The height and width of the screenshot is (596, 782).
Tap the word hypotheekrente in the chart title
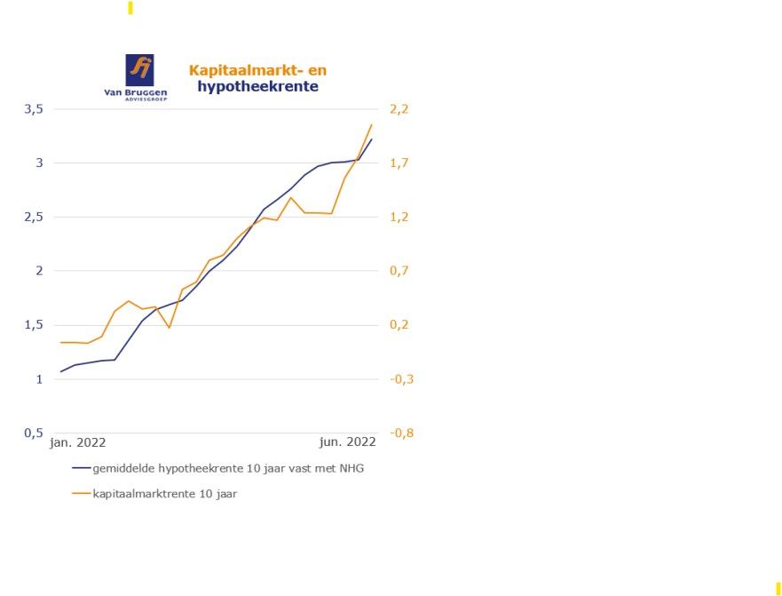(257, 87)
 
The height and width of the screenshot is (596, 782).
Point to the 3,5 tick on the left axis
(34, 109)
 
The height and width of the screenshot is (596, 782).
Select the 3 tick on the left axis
(39, 163)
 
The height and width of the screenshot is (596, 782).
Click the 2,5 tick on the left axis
(34, 218)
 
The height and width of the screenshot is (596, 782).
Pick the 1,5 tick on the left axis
(34, 325)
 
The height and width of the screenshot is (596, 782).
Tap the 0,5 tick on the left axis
(34, 433)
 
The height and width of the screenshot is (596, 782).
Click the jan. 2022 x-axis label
(78, 441)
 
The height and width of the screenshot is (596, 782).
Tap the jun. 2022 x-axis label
(348, 441)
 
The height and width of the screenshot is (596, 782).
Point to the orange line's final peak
(371, 124)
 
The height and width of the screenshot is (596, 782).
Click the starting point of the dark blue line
(60, 371)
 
